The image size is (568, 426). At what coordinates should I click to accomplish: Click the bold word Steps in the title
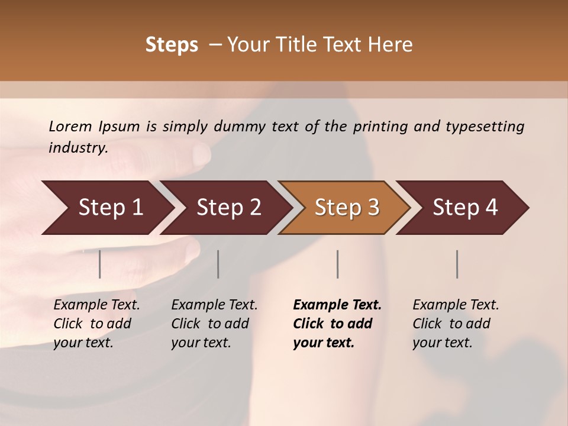(x=172, y=45)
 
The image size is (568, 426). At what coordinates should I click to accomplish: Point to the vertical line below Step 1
(x=100, y=264)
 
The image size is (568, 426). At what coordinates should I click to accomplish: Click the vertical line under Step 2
(x=218, y=264)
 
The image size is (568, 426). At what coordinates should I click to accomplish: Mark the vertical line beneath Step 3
(x=338, y=264)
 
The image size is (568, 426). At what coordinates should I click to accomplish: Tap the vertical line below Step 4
(x=457, y=264)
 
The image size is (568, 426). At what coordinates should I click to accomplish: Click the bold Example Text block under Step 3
(x=337, y=324)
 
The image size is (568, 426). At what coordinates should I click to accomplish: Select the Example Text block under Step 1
(x=96, y=324)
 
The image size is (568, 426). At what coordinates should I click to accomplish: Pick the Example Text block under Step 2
(x=214, y=324)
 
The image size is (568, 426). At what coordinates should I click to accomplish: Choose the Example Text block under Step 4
(x=456, y=324)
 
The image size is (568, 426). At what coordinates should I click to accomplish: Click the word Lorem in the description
(x=70, y=127)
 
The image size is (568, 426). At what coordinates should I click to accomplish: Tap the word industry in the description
(x=78, y=148)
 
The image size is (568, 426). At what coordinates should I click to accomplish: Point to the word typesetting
(x=485, y=127)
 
